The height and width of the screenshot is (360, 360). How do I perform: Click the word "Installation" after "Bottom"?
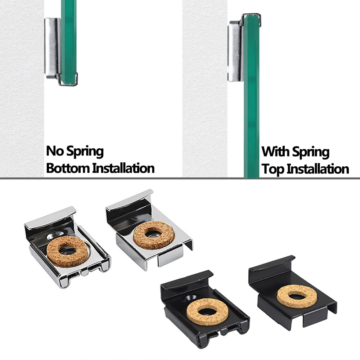point(123,168)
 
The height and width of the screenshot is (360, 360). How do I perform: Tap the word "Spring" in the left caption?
point(85,152)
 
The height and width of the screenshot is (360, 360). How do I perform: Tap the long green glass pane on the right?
point(251,96)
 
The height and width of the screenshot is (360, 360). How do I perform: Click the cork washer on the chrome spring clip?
point(68,252)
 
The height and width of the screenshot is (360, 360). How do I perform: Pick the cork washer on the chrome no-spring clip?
point(154,235)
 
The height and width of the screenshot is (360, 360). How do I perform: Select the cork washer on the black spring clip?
point(207,312)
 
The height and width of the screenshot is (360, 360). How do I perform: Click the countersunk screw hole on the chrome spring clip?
point(55,235)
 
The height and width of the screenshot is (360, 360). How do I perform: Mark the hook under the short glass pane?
point(69,80)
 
